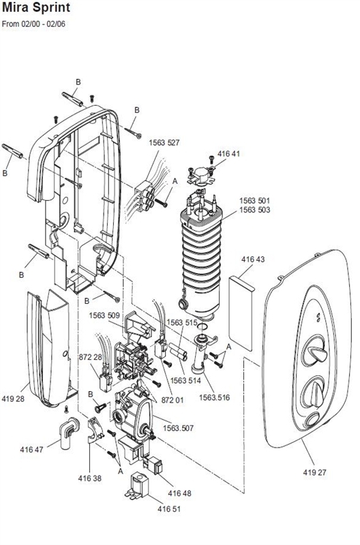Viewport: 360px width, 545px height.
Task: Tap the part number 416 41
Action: (x=229, y=154)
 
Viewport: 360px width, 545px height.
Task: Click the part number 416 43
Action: (x=254, y=260)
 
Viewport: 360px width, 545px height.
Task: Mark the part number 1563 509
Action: (x=104, y=315)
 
